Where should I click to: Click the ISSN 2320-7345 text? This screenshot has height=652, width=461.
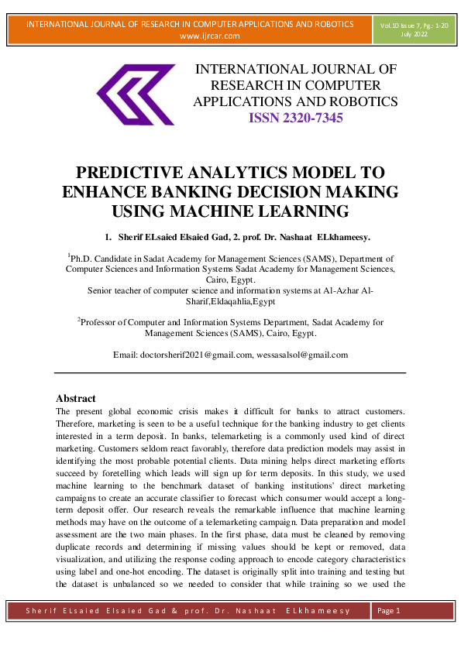[x=295, y=118]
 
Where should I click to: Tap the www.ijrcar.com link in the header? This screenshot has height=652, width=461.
[x=209, y=36]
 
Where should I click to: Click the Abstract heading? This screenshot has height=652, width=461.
[x=76, y=398]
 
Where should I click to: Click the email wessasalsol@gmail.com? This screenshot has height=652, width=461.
[x=304, y=355]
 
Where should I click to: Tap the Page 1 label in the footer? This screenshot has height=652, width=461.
[x=388, y=611]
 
